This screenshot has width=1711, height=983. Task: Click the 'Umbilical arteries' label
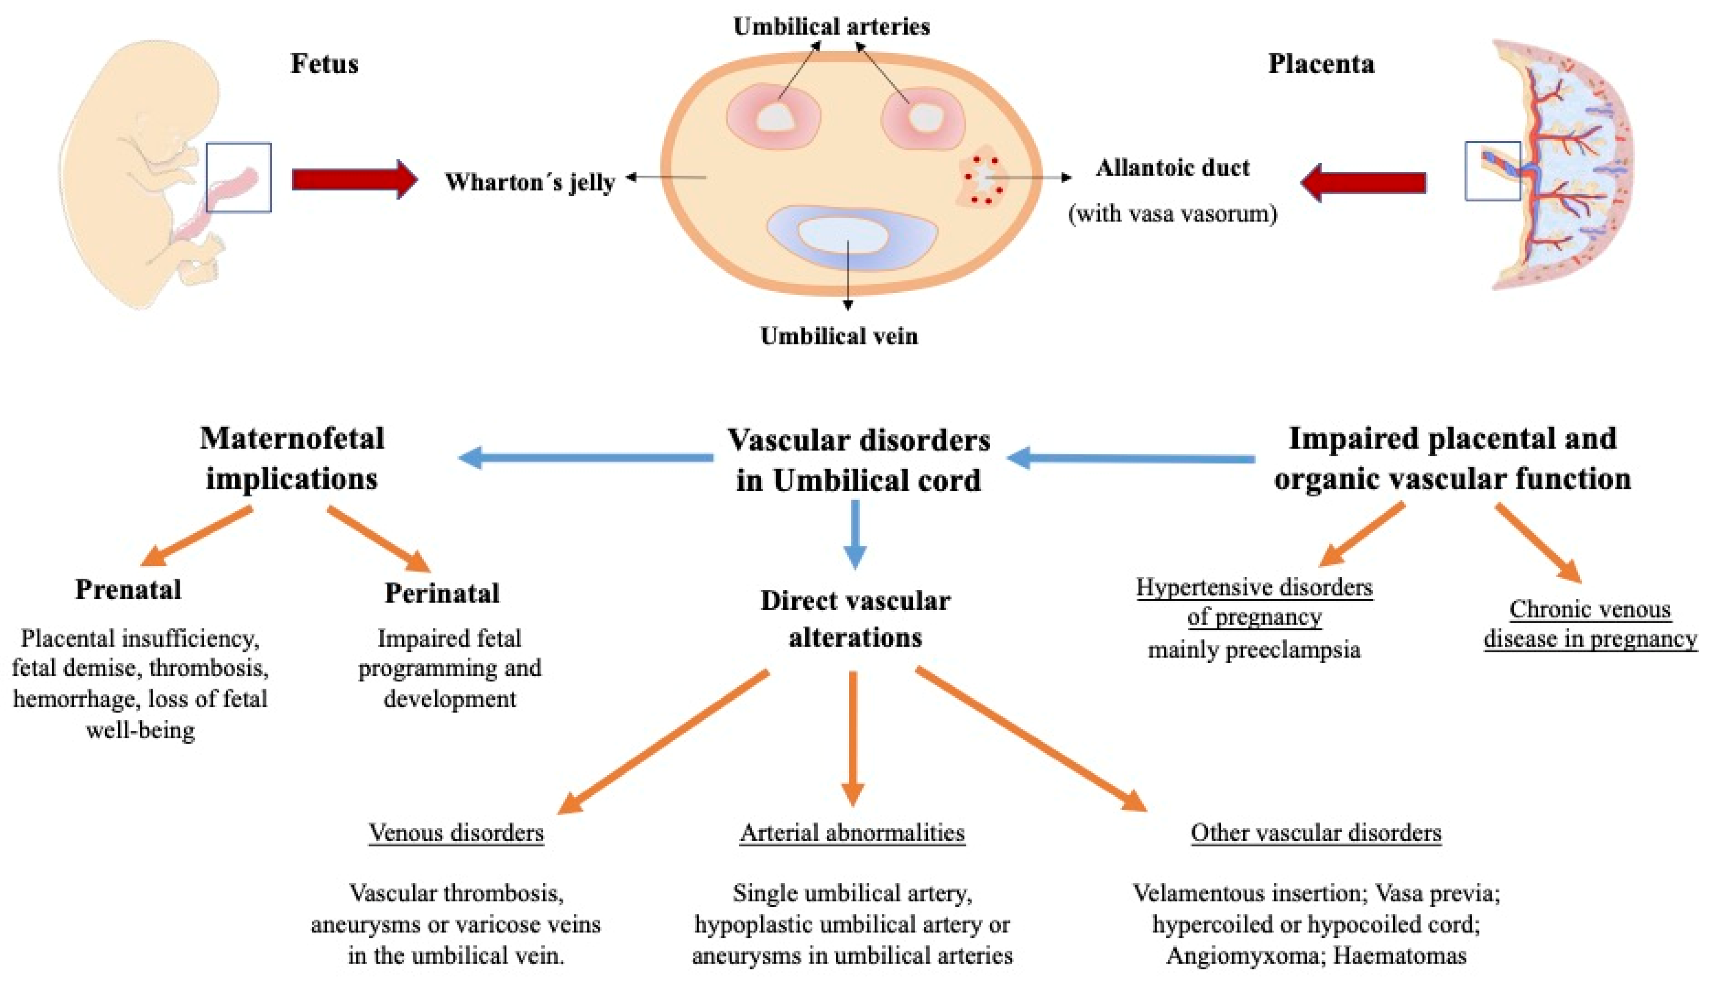[x=831, y=27]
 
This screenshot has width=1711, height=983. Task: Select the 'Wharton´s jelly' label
[x=530, y=182]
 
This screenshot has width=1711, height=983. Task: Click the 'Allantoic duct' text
[x=1172, y=167]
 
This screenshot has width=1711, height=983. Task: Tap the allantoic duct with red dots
[x=983, y=180]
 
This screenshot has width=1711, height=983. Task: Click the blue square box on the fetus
[x=238, y=177]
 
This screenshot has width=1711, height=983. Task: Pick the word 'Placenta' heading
[x=1321, y=64]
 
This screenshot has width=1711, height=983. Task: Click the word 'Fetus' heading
[x=324, y=64]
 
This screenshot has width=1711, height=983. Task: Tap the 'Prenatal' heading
[x=128, y=590]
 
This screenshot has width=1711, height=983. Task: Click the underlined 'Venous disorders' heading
[x=456, y=832]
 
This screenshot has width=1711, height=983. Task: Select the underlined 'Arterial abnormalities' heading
[x=853, y=832]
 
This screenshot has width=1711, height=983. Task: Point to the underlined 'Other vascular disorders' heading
[x=1316, y=832]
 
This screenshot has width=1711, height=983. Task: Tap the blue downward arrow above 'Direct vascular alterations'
[x=855, y=534]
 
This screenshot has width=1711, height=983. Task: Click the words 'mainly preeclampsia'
[x=1254, y=650]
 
